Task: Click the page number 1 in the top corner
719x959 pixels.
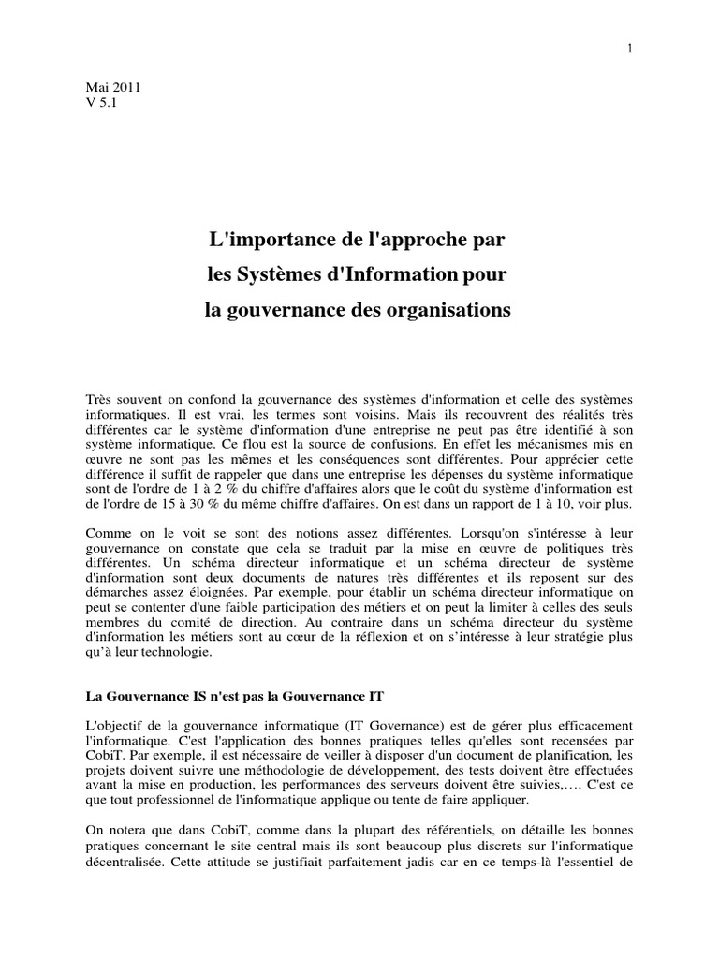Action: (631, 23)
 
